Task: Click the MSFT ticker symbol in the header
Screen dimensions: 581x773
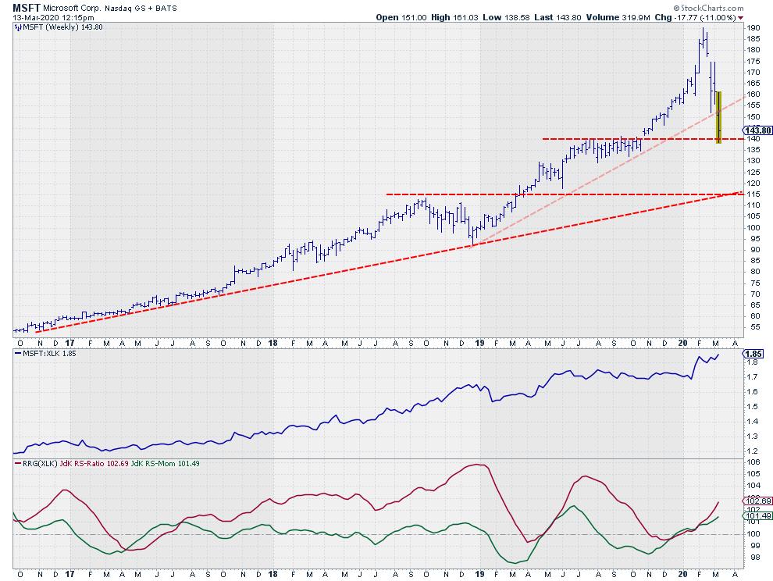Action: (26, 7)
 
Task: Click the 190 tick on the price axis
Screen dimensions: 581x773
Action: (753, 28)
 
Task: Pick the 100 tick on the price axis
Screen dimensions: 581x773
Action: (753, 228)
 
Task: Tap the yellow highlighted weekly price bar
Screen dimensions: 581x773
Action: (718, 117)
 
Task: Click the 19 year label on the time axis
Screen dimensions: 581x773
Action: (480, 342)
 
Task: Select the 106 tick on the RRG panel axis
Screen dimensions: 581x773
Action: (753, 462)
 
